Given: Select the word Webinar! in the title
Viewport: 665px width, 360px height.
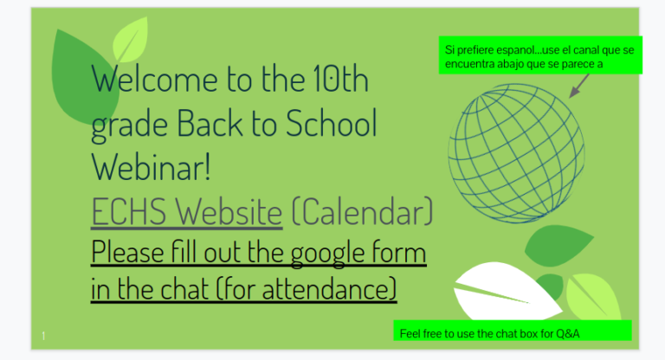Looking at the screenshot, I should pos(152,167).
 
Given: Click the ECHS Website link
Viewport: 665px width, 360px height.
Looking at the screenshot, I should pos(186,211).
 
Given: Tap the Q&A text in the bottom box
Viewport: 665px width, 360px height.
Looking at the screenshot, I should pos(567,333).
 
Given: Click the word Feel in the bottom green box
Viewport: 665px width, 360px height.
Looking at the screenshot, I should pos(410,333).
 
